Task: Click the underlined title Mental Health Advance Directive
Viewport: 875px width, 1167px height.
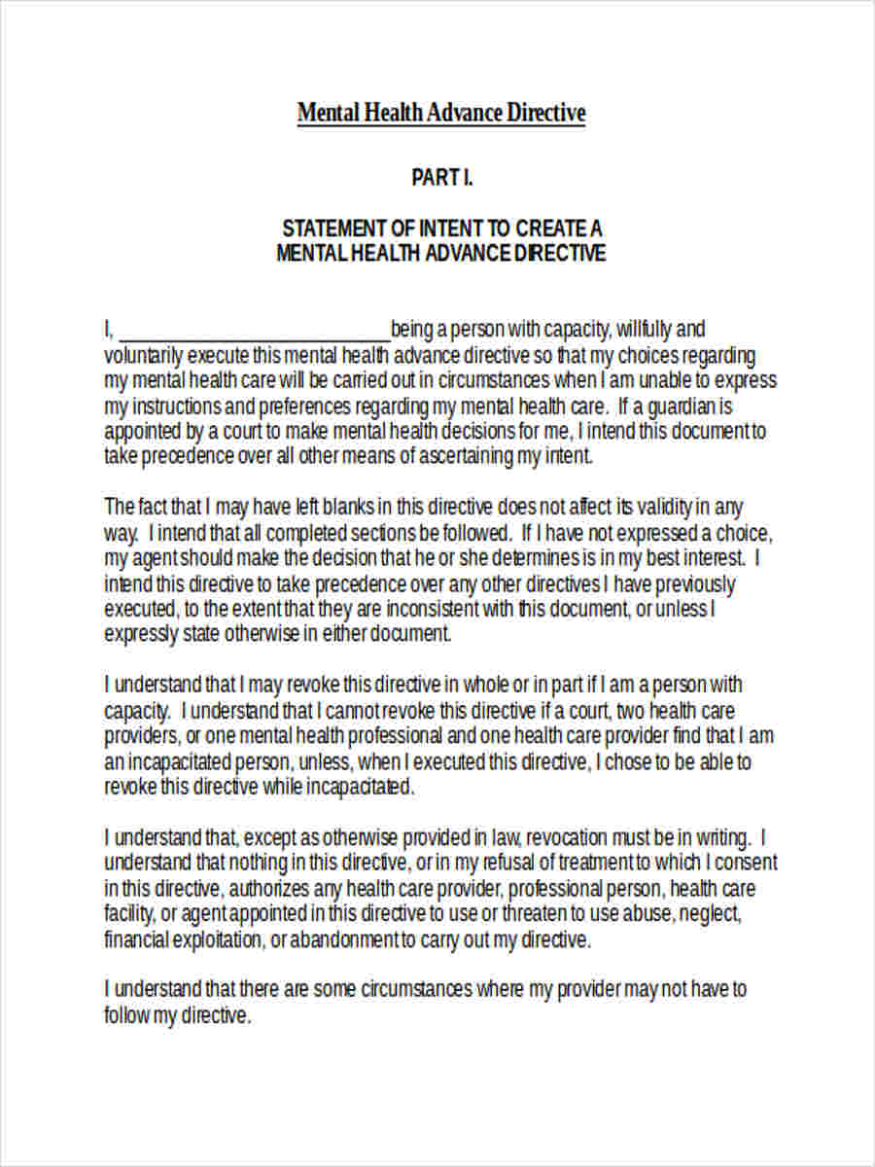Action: [x=441, y=114]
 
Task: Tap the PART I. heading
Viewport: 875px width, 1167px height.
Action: [x=441, y=178]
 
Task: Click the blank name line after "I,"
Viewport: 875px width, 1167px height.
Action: [x=254, y=330]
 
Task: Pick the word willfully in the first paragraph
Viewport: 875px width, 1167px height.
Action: [x=642, y=329]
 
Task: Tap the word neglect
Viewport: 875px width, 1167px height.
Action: [x=713, y=913]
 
